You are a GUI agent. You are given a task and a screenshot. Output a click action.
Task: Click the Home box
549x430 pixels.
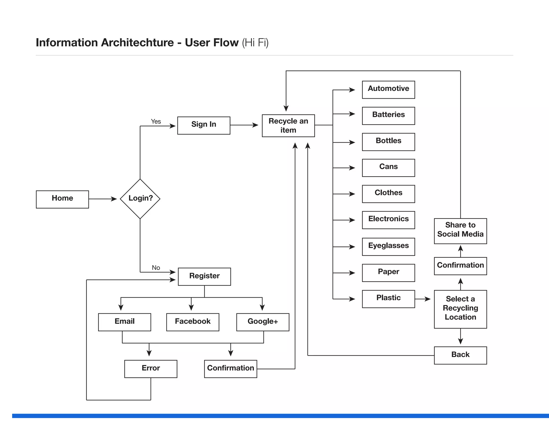point(62,199)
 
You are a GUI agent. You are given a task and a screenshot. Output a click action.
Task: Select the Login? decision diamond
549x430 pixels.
point(140,199)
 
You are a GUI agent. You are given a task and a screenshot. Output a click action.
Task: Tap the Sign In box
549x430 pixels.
point(204,125)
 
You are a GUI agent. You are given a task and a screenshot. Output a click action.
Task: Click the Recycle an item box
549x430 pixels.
point(288,126)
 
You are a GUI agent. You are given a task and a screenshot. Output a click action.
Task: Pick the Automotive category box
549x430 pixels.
point(388,90)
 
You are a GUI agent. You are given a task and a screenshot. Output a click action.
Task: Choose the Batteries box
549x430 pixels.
point(388,116)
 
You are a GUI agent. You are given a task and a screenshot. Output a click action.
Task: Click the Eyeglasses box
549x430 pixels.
point(388,247)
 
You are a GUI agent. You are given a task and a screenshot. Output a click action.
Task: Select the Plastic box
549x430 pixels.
point(388,299)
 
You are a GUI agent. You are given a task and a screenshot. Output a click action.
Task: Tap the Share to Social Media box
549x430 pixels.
point(460,231)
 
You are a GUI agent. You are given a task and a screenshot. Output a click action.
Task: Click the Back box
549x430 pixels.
point(460,355)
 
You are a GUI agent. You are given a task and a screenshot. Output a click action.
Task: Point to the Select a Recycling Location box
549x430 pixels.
point(460,309)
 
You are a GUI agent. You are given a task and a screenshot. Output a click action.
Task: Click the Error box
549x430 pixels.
point(151,369)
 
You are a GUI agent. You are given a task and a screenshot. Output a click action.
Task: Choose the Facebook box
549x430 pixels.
point(192,322)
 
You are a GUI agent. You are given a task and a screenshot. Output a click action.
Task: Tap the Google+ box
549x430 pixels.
point(263,322)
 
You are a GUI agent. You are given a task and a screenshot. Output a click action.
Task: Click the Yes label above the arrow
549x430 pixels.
point(156,122)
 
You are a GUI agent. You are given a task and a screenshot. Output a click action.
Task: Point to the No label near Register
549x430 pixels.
point(156,268)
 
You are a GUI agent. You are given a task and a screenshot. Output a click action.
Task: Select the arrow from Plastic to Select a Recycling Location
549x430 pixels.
point(423,299)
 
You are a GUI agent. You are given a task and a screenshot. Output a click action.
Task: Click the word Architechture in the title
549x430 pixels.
point(137,43)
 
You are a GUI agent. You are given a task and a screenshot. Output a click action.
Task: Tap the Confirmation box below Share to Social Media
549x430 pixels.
point(460,266)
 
